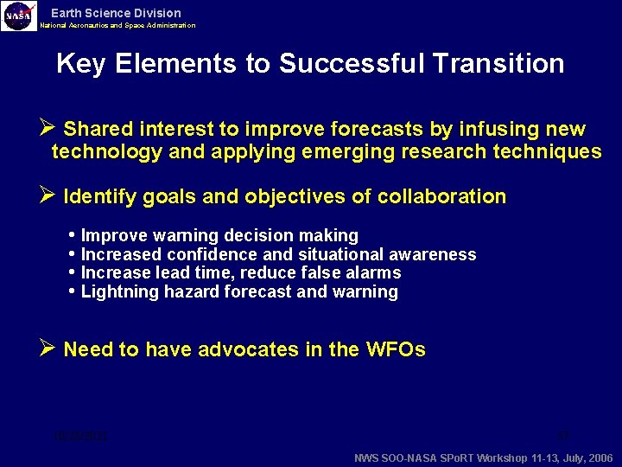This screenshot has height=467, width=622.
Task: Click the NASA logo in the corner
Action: [19, 15]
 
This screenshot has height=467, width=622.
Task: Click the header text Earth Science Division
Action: [116, 13]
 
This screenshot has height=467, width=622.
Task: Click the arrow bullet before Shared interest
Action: [48, 129]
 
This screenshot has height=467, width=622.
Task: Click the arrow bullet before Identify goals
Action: [48, 196]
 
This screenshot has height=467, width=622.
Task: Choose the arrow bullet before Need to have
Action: [48, 349]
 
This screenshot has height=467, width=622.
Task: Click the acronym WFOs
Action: [395, 349]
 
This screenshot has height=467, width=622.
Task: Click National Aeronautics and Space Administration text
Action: [117, 26]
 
